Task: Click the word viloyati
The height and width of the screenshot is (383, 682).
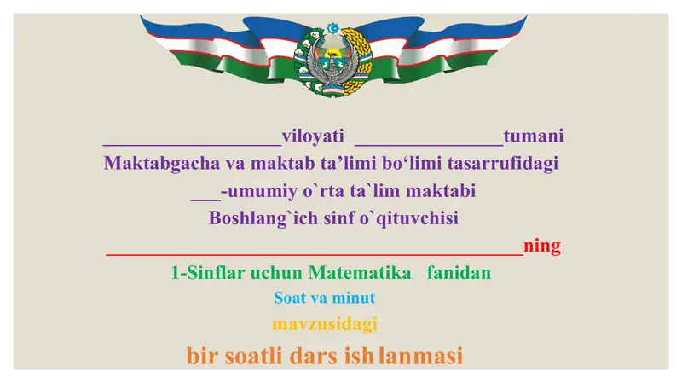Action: point(312,136)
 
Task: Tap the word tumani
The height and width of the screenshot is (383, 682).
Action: point(534,136)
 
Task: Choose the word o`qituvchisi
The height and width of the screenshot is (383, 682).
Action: point(406,218)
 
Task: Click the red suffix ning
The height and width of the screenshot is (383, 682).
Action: point(542,247)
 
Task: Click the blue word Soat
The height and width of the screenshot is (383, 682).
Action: point(289,299)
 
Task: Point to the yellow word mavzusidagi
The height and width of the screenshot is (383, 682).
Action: point(324,324)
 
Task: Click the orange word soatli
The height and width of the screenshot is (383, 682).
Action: point(253,356)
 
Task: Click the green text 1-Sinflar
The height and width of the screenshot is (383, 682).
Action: point(207,274)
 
